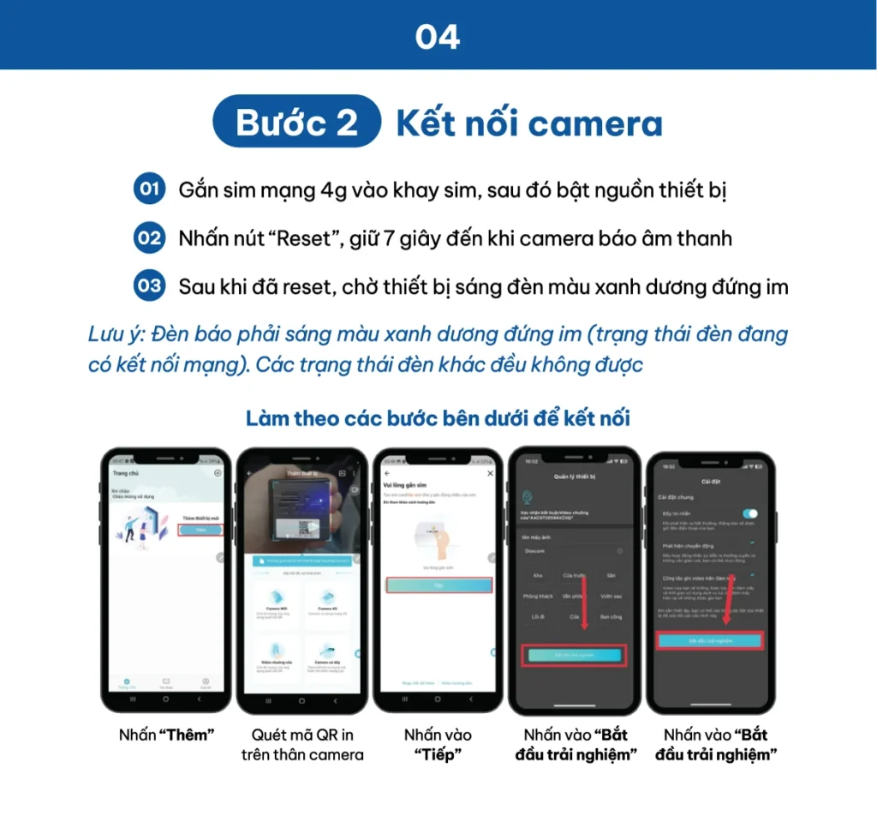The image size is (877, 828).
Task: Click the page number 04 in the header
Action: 438,37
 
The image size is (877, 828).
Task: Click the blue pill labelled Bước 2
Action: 296,123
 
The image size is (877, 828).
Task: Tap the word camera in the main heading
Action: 600,123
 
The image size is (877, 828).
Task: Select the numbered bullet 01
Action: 149,189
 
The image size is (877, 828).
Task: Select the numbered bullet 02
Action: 149,237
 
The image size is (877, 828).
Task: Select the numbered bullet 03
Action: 149,286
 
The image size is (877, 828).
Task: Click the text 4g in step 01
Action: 337,189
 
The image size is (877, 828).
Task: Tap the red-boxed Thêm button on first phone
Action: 200,530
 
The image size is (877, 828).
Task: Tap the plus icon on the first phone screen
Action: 218,473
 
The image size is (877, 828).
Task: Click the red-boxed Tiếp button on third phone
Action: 438,585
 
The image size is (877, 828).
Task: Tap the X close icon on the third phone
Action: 490,473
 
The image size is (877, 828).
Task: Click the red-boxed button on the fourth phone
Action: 574,655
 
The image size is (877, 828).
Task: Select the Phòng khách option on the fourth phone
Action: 538,596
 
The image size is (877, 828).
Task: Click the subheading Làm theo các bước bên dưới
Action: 438,419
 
